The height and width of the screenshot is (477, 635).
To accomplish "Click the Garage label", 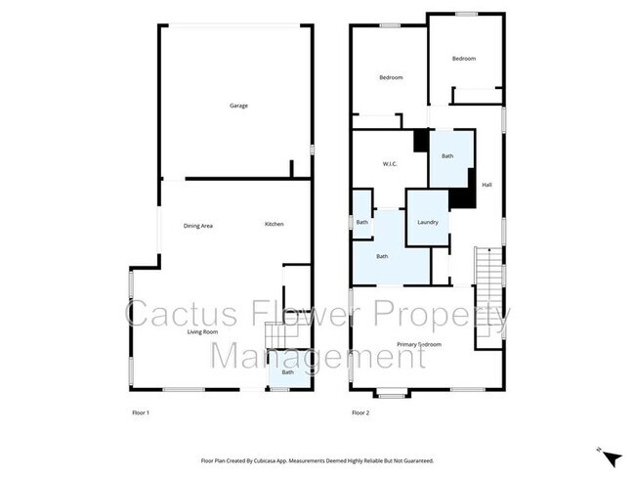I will (x=237, y=106).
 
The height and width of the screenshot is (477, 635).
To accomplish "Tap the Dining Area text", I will (x=198, y=226).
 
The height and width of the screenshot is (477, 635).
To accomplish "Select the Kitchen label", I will (x=275, y=226).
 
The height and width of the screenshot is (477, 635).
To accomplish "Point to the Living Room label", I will (x=202, y=332).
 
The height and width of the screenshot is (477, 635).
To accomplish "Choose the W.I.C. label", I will (x=388, y=164).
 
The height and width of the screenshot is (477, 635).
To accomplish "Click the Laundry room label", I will (x=427, y=223).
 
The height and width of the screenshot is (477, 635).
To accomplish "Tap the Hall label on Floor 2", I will (x=487, y=184).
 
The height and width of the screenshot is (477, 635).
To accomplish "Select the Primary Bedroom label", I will (x=419, y=345).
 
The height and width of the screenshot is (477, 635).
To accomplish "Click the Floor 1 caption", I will (x=141, y=413).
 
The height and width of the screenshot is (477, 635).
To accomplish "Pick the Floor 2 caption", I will (x=360, y=413).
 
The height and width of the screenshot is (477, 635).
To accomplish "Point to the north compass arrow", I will (x=611, y=456).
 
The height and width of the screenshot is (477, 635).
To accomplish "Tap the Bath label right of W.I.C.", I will (x=447, y=156).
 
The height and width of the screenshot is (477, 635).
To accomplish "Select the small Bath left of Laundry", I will (x=361, y=223).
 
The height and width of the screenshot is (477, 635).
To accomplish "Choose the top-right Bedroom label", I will (x=464, y=60).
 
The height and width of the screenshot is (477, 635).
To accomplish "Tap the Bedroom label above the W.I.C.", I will (x=391, y=77).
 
